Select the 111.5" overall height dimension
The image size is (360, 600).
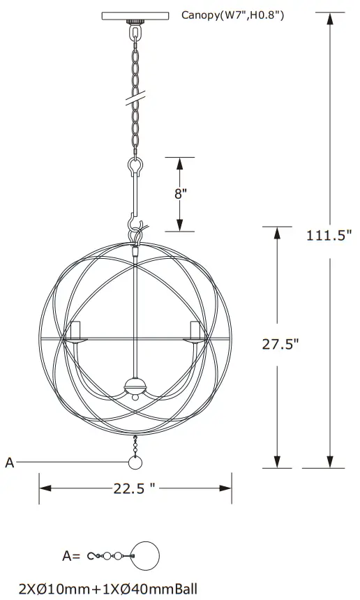329,235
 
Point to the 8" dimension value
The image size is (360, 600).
181,193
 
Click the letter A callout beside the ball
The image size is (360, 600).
9,461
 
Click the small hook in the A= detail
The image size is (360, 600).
92,556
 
